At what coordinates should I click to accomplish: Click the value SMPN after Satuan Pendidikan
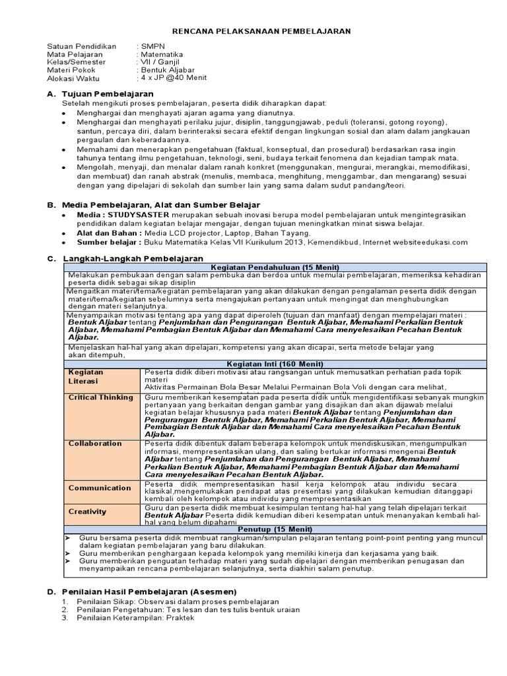(152, 46)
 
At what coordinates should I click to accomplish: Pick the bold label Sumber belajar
(110, 242)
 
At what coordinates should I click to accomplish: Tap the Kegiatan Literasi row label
(86, 376)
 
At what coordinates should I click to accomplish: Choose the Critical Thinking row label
(101, 397)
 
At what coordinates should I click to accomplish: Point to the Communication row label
(100, 488)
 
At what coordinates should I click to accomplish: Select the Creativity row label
(87, 511)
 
